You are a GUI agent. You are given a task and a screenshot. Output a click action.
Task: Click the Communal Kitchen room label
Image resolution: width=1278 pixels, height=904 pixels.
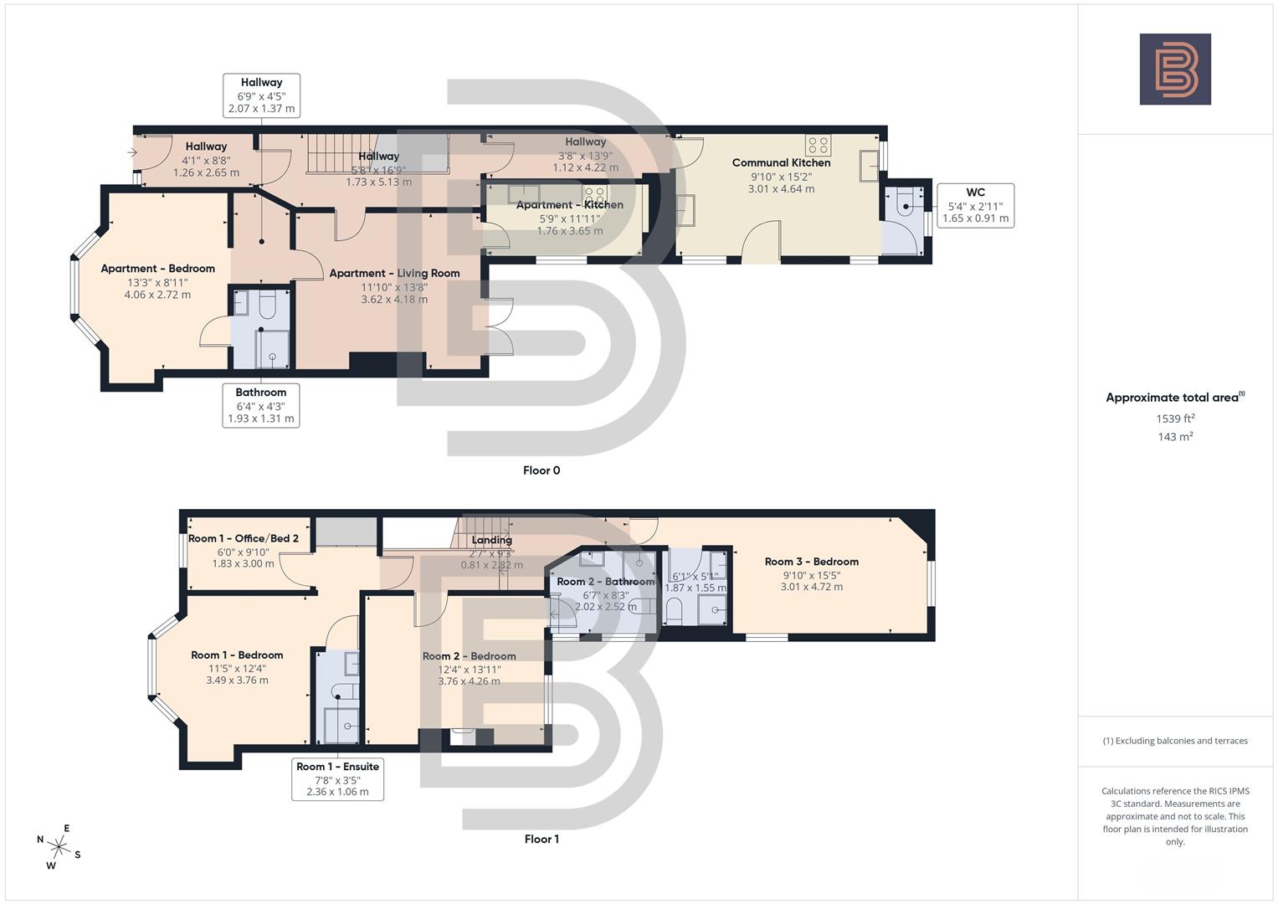click(x=781, y=163)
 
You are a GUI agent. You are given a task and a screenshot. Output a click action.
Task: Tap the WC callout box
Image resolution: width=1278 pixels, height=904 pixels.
click(x=975, y=206)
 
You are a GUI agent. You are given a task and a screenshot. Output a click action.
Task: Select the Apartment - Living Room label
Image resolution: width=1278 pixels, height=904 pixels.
click(x=394, y=274)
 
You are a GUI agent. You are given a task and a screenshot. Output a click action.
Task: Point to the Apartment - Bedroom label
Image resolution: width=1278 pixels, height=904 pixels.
click(x=157, y=269)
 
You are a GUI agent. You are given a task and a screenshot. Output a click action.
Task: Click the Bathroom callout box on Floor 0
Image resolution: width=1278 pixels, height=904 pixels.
click(x=261, y=405)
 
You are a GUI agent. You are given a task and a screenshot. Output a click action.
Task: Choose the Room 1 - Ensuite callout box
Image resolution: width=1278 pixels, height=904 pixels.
click(x=337, y=778)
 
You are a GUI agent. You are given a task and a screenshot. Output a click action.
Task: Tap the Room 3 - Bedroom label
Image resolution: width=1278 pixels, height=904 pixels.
click(x=811, y=562)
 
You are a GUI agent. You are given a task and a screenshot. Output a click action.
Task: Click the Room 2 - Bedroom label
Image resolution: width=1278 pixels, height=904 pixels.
click(x=469, y=656)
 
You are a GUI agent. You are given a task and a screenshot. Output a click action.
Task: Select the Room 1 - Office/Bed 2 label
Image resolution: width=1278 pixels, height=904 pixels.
click(x=243, y=538)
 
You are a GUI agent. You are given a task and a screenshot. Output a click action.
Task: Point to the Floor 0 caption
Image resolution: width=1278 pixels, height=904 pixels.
click(x=541, y=470)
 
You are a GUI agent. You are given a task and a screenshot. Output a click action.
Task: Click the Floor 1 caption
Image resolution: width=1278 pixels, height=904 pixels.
click(x=541, y=839)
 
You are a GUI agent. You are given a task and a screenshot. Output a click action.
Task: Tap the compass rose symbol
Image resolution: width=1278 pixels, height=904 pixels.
click(x=59, y=846)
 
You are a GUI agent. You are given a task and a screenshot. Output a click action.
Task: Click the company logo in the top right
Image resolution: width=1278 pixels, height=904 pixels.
click(x=1175, y=69)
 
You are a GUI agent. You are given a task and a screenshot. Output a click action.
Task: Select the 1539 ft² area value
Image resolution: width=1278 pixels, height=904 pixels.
click(x=1175, y=419)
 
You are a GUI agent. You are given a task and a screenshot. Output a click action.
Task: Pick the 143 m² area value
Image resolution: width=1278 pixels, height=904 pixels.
click(x=1175, y=437)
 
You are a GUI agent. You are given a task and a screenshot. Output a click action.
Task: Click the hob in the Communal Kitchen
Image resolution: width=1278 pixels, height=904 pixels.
click(x=818, y=144)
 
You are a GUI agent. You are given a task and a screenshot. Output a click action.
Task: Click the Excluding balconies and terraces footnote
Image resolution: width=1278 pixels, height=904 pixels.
click(x=1175, y=741)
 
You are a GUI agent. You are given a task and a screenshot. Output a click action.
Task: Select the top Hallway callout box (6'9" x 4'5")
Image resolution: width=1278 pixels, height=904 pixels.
click(x=261, y=95)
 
